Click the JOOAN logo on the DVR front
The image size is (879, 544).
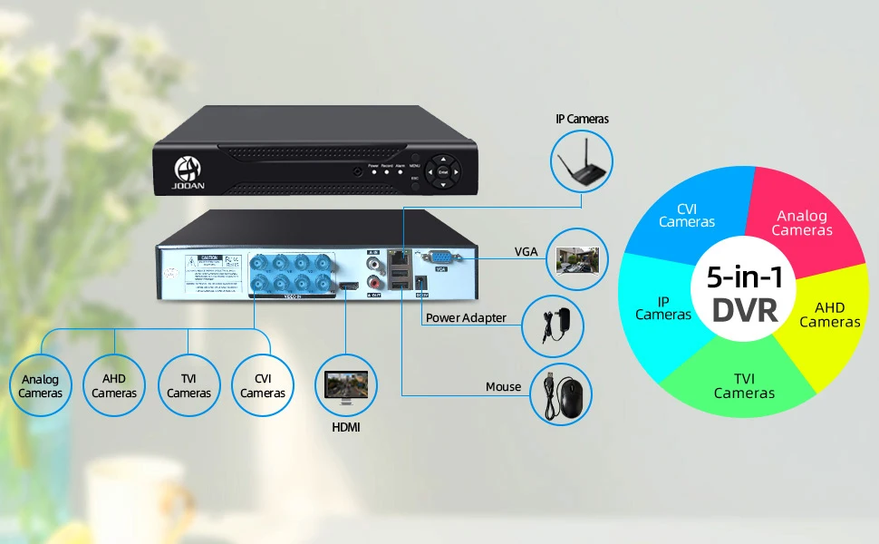[x=191, y=171]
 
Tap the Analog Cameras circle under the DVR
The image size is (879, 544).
[x=41, y=385]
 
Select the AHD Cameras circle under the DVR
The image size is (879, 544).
[x=114, y=385]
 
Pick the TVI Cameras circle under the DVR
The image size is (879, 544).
[x=188, y=385]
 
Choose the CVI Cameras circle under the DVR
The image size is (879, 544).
[x=263, y=385]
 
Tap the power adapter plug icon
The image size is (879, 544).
[x=552, y=325]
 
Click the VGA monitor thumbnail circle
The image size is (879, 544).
[x=580, y=255]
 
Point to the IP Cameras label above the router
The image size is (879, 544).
[x=582, y=119]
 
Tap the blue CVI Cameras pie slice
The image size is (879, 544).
[x=689, y=213]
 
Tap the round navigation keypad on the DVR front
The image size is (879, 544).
[x=443, y=171]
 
